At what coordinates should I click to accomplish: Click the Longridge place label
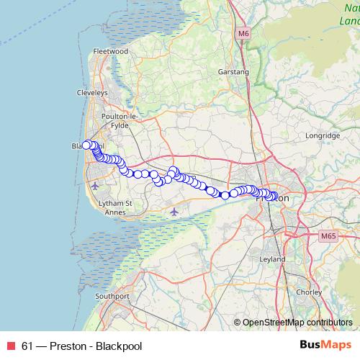(x=322, y=135)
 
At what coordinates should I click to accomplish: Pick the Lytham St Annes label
(x=115, y=207)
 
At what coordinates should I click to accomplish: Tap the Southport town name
(x=112, y=296)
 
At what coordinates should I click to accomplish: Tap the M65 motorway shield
(x=328, y=235)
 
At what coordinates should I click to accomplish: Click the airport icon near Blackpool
(x=96, y=186)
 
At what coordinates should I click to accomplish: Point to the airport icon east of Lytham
(x=175, y=212)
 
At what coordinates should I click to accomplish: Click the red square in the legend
(x=10, y=346)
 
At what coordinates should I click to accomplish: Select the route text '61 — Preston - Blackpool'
(x=81, y=346)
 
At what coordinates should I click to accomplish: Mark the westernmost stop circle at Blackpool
(x=86, y=144)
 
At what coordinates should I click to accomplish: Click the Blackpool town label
(x=82, y=146)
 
